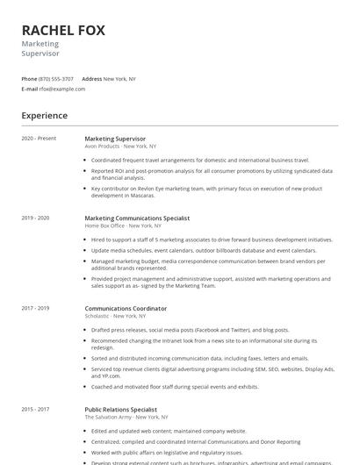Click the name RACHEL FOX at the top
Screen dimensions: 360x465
63,30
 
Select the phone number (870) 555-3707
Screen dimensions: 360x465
56,79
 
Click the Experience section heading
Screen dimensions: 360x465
44,116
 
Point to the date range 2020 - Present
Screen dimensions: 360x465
39,139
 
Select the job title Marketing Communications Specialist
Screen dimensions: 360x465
137,218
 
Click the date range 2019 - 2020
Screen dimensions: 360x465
35,218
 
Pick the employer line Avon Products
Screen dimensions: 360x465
120,147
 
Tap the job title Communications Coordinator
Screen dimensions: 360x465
126,309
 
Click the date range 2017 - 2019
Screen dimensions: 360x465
35,309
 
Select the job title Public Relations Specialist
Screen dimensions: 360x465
121,410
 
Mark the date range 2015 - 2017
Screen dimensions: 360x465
35,410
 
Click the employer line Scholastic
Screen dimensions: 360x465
116,317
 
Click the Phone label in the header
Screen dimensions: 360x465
29,79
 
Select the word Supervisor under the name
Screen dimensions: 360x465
40,54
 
